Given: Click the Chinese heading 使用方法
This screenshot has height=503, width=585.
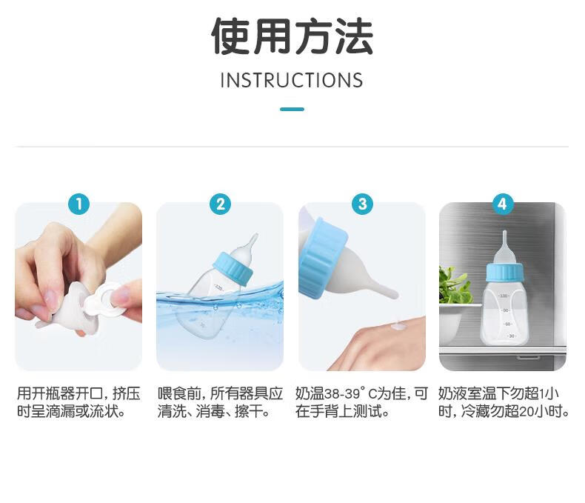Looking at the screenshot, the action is pyautogui.click(x=292, y=36).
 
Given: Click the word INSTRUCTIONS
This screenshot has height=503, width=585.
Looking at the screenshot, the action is pyautogui.click(x=292, y=80).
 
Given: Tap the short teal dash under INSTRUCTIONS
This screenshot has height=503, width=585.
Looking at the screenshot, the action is pyautogui.click(x=292, y=109).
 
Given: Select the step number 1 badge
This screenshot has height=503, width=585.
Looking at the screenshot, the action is pyautogui.click(x=78, y=204).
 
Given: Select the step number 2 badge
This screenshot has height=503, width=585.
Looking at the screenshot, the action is pyautogui.click(x=220, y=204).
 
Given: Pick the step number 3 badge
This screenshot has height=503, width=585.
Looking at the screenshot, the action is pyautogui.click(x=362, y=204).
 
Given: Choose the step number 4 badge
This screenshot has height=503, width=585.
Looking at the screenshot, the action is pyautogui.click(x=502, y=204).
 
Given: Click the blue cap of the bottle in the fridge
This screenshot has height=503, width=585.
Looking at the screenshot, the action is pyautogui.click(x=504, y=273).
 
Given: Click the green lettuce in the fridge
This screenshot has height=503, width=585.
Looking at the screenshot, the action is pyautogui.click(x=452, y=284).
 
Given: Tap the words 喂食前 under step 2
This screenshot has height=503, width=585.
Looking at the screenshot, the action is pyautogui.click(x=179, y=393).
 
